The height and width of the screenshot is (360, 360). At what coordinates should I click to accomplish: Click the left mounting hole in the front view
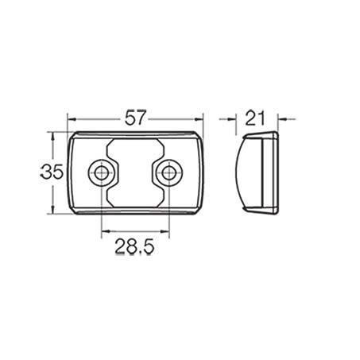(102, 172)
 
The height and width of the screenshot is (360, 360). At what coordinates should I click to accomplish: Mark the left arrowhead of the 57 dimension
(72, 122)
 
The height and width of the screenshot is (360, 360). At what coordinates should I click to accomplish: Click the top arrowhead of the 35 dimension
(53, 136)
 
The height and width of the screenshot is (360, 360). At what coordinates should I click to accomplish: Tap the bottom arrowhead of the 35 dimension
(53, 211)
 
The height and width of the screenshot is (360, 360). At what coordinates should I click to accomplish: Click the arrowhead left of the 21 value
(236, 122)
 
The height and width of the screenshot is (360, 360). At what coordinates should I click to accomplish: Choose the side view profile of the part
(259, 172)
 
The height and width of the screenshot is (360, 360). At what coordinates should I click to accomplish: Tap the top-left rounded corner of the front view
(75, 137)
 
